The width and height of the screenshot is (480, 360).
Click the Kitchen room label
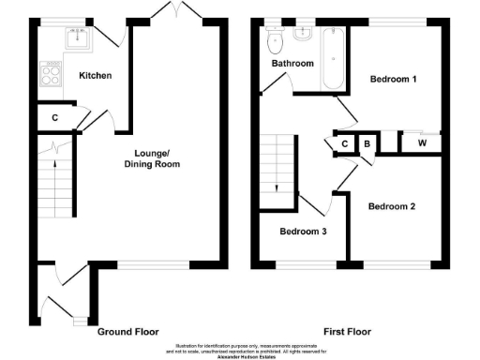95,75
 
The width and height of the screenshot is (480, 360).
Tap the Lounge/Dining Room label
151,158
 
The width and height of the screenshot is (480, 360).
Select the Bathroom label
292,64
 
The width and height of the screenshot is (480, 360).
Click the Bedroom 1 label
394,79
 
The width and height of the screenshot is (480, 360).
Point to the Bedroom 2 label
392,206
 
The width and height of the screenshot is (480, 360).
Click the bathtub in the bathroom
334,58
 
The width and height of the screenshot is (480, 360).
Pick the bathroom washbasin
303,36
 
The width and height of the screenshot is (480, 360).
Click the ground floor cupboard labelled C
55,117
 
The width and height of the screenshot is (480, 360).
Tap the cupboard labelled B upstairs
367,143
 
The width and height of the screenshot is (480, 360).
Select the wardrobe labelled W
422,142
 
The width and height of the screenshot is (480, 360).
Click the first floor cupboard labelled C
345,143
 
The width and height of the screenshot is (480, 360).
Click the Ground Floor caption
128,332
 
